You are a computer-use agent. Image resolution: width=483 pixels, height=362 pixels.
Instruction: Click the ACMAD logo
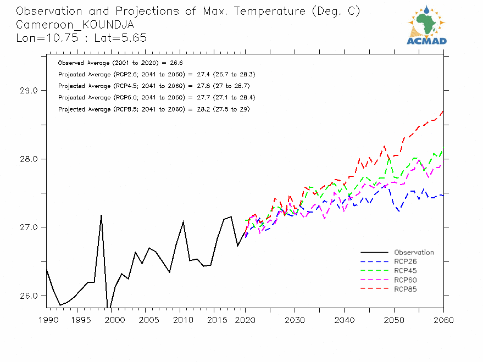427,25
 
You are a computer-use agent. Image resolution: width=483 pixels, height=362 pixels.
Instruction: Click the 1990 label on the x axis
46,320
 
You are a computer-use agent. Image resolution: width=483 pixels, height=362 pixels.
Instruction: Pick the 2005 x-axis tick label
146,320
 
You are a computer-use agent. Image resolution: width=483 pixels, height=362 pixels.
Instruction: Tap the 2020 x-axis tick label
245,320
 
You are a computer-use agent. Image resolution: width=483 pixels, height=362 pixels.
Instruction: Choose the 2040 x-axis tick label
344,320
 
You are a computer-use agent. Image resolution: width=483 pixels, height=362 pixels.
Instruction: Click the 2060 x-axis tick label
443,320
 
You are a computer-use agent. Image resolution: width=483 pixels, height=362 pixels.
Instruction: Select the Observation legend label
414,253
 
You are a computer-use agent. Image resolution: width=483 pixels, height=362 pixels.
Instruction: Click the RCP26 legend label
406,261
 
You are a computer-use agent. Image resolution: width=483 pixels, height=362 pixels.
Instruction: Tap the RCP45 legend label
406,271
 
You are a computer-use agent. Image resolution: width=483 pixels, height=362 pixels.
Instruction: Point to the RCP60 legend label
406,280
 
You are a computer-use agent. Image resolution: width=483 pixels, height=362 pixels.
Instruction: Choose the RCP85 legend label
406,289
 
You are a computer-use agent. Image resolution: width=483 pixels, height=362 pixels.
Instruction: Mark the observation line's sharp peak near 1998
102,215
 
